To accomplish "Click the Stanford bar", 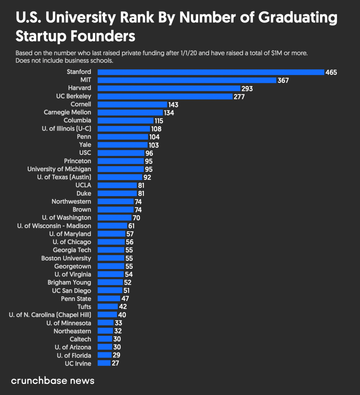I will point(211,72).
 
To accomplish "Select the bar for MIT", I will point(187,80).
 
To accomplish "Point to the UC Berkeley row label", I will point(74,96).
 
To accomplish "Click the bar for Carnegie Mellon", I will point(130,112).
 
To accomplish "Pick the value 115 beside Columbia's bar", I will point(159,121).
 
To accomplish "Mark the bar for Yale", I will point(122,145).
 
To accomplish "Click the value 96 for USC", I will point(149,153).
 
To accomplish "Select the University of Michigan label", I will point(59,169).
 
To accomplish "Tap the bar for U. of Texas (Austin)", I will point(120,177).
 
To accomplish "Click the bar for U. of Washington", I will point(114,218).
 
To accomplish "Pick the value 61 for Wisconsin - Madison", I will point(131,226).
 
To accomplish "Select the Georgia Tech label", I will point(72,250).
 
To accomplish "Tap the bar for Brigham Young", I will point(110,282).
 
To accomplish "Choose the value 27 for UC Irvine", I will point(115,363).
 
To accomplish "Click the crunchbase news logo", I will point(53,381).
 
